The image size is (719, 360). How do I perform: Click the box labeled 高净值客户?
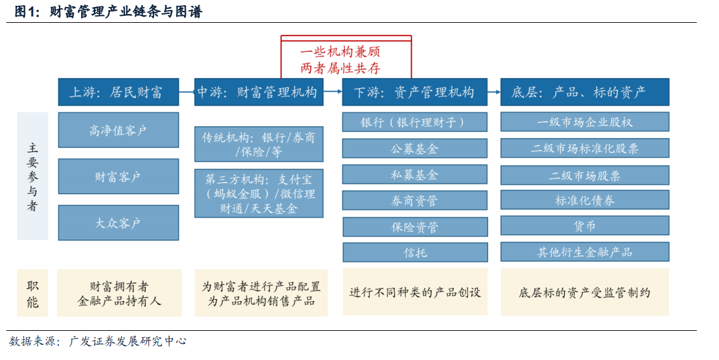[119, 130]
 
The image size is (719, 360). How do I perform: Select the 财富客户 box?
[119, 177]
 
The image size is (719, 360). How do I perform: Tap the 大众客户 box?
[119, 223]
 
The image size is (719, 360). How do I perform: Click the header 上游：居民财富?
[119, 92]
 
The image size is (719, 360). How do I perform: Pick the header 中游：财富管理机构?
[259, 92]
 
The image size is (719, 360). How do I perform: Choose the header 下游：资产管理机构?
[415, 92]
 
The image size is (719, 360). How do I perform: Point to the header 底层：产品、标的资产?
[585, 92]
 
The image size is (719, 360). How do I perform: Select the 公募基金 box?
[415, 148]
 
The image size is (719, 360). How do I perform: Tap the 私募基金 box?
[415, 175]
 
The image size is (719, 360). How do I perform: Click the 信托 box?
[415, 253]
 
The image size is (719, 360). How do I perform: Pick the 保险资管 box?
[415, 227]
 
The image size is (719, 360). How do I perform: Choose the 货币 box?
[585, 226]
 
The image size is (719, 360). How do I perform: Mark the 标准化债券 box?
[585, 200]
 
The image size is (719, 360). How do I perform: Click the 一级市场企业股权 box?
[585, 122]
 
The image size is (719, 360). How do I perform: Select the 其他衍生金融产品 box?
[585, 252]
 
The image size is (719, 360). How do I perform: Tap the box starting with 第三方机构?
[259, 193]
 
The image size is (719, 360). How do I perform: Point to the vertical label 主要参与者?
[32, 177]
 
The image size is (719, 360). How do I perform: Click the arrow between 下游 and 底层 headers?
[494, 92]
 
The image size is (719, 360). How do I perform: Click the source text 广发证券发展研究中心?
[127, 342]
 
